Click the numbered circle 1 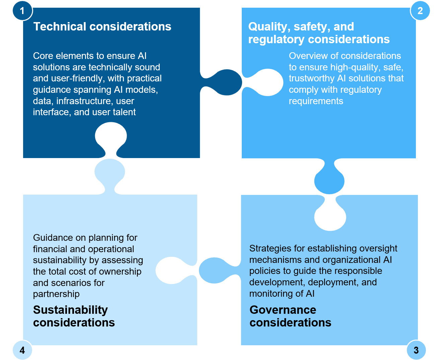pos(22,11)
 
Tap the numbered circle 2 pos(420,11)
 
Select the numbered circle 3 pos(416,350)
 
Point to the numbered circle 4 pos(22,350)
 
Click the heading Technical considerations pos(102,26)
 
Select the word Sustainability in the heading pos(70,310)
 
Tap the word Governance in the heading pos(283,310)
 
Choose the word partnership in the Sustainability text pos(56,294)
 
